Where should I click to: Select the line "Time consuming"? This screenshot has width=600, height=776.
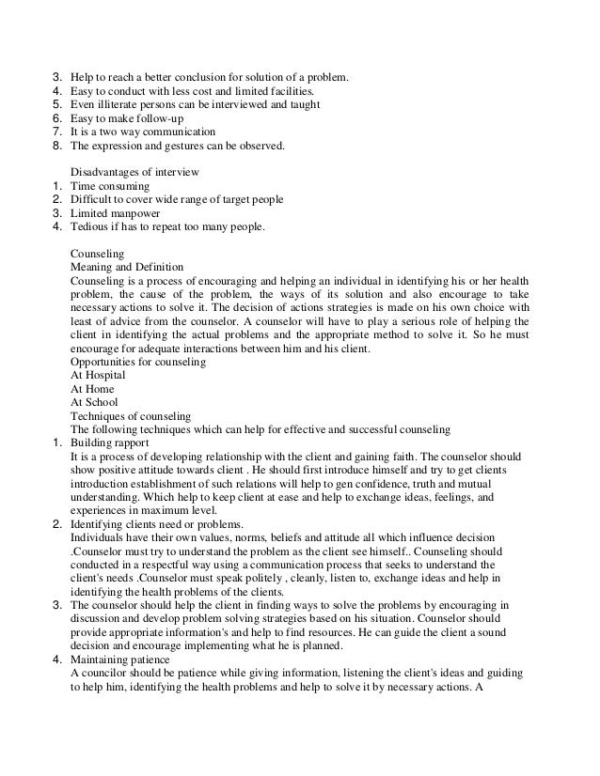click(111, 186)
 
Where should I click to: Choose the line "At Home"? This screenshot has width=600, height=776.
click(93, 388)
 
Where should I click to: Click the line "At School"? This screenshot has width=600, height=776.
click(95, 402)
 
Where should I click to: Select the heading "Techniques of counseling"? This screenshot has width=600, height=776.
click(131, 415)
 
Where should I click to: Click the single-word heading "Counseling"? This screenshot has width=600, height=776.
click(99, 254)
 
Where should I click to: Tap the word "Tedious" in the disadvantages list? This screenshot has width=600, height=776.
click(90, 226)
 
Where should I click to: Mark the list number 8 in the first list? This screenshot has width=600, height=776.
click(56, 146)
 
